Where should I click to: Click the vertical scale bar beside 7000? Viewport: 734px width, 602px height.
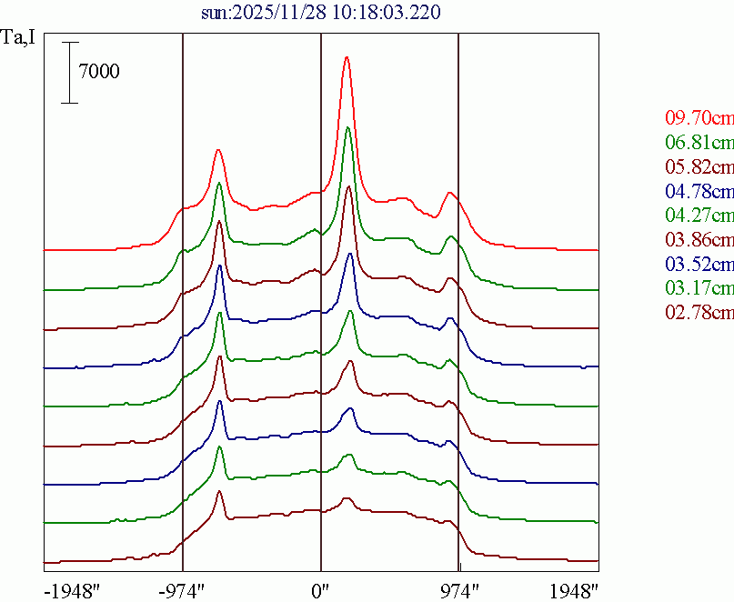pos(70,72)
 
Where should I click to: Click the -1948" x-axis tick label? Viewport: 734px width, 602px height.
pos(72,590)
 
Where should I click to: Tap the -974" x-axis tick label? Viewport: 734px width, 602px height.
pos(182,590)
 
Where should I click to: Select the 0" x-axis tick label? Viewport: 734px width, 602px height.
pos(320,590)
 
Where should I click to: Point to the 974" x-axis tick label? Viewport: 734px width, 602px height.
pos(458,590)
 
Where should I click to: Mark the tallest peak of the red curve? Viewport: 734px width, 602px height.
pos(346,57)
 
